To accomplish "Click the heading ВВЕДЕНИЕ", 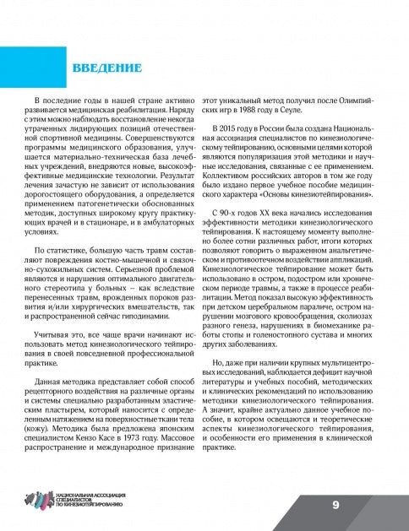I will click(x=105, y=67).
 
